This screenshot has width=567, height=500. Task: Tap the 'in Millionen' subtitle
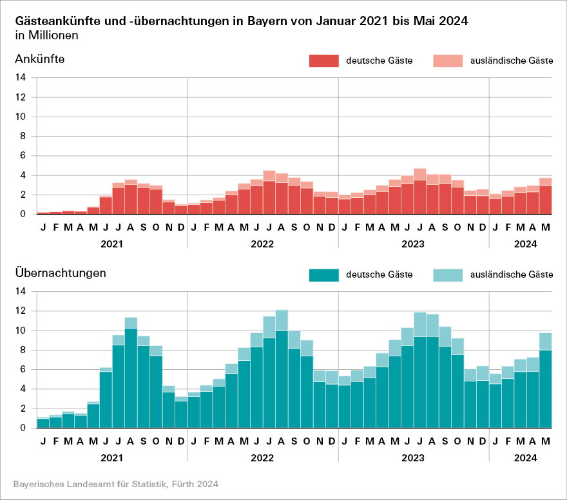click(x=46, y=35)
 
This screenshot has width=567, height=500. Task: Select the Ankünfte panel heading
click(x=39, y=60)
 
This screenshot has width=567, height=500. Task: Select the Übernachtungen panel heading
click(x=60, y=273)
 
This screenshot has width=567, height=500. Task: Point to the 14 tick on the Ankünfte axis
click(x=21, y=78)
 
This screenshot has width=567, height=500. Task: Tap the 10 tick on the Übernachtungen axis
click(x=21, y=331)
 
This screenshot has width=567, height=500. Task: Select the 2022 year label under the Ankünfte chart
click(x=263, y=244)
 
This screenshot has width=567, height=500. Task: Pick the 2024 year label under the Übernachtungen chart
click(x=526, y=458)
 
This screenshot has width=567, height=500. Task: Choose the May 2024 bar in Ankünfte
click(x=546, y=198)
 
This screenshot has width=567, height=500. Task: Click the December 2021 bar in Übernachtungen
click(x=181, y=414)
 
